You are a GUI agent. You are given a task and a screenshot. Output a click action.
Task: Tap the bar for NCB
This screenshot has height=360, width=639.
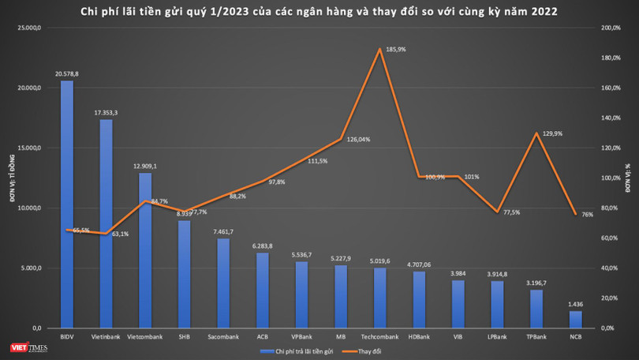(575, 319)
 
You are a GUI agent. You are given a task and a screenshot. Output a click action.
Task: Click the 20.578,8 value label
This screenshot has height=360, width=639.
(67, 73)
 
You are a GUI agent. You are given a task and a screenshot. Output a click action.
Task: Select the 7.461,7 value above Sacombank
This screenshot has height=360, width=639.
(224, 232)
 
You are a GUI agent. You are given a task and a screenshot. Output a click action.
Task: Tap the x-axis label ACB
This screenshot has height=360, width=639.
(263, 337)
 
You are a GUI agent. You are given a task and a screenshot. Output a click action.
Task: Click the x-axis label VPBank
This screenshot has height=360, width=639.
(302, 337)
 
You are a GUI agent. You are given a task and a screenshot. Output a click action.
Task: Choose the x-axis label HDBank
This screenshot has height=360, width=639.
(419, 337)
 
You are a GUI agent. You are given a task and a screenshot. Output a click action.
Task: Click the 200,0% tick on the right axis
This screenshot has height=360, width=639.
(611, 28)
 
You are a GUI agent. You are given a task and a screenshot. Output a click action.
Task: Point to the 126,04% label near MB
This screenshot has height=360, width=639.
(358, 140)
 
